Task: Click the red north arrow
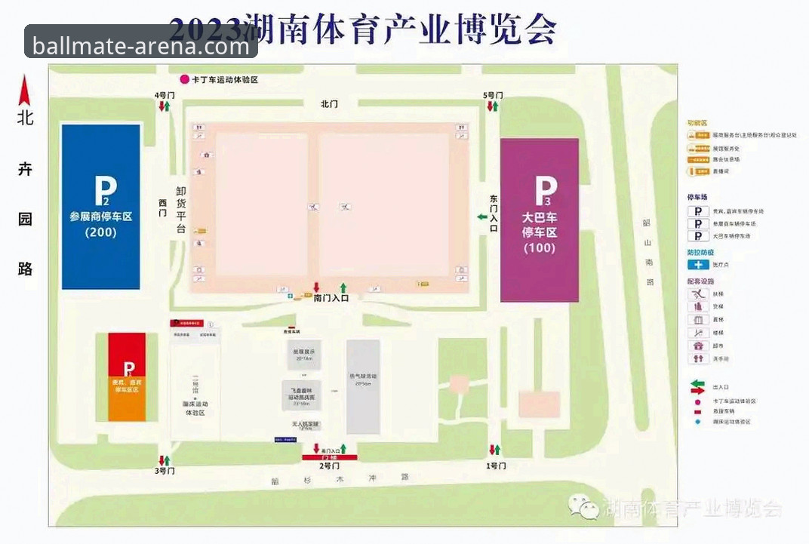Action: pos(25,91)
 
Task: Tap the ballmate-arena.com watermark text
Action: pos(141,47)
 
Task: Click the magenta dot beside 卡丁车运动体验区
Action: pos(183,79)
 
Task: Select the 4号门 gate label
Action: pos(164,95)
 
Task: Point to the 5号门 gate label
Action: pos(493,95)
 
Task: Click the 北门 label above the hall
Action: pos(329,104)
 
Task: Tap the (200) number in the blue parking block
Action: pos(100,232)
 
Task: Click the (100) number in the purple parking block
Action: pos(539,247)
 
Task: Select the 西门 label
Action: pos(162,208)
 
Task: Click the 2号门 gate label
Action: pos(330,466)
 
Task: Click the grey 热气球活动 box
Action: pos(363,386)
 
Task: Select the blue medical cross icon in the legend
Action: pos(697,265)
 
